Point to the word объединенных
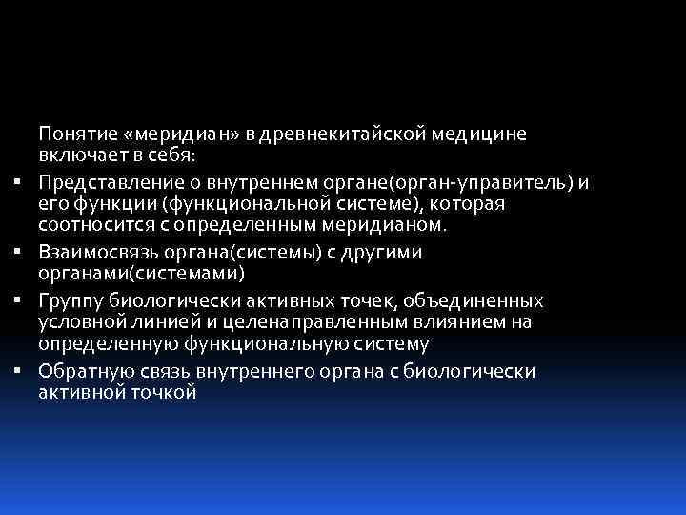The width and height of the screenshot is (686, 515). (478, 301)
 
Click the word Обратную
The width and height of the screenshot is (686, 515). (82, 371)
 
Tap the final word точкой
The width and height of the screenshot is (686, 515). (165, 391)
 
